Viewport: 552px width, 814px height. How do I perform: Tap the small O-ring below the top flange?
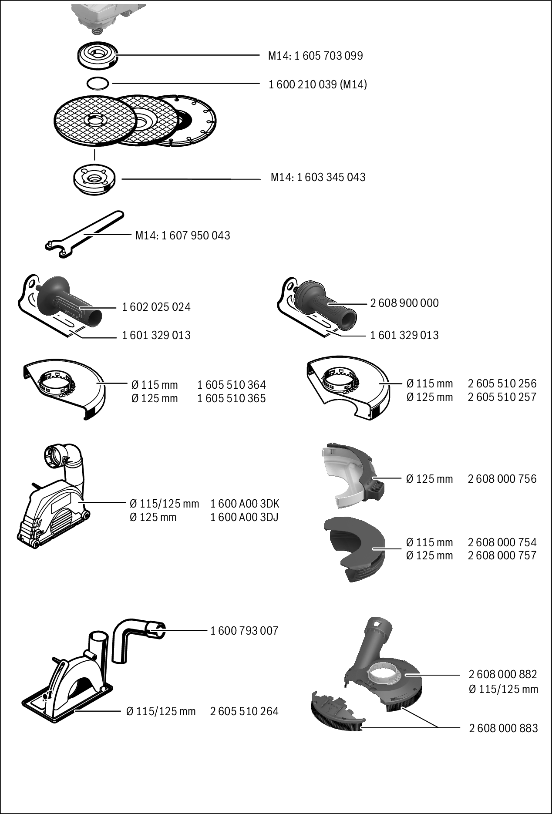(x=97, y=83)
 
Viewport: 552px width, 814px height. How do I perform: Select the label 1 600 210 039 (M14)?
(x=317, y=84)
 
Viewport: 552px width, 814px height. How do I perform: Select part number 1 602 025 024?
(x=156, y=307)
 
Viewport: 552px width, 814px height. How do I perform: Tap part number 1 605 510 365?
(x=231, y=398)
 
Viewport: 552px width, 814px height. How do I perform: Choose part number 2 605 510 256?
(x=502, y=383)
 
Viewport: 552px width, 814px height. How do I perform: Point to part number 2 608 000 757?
(x=502, y=555)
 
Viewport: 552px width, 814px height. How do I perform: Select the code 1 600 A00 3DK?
(x=245, y=504)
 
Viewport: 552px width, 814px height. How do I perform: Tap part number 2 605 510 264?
(x=244, y=711)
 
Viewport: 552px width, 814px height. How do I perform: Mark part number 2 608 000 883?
(x=503, y=728)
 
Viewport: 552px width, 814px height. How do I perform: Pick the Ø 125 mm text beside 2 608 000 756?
(x=429, y=479)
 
